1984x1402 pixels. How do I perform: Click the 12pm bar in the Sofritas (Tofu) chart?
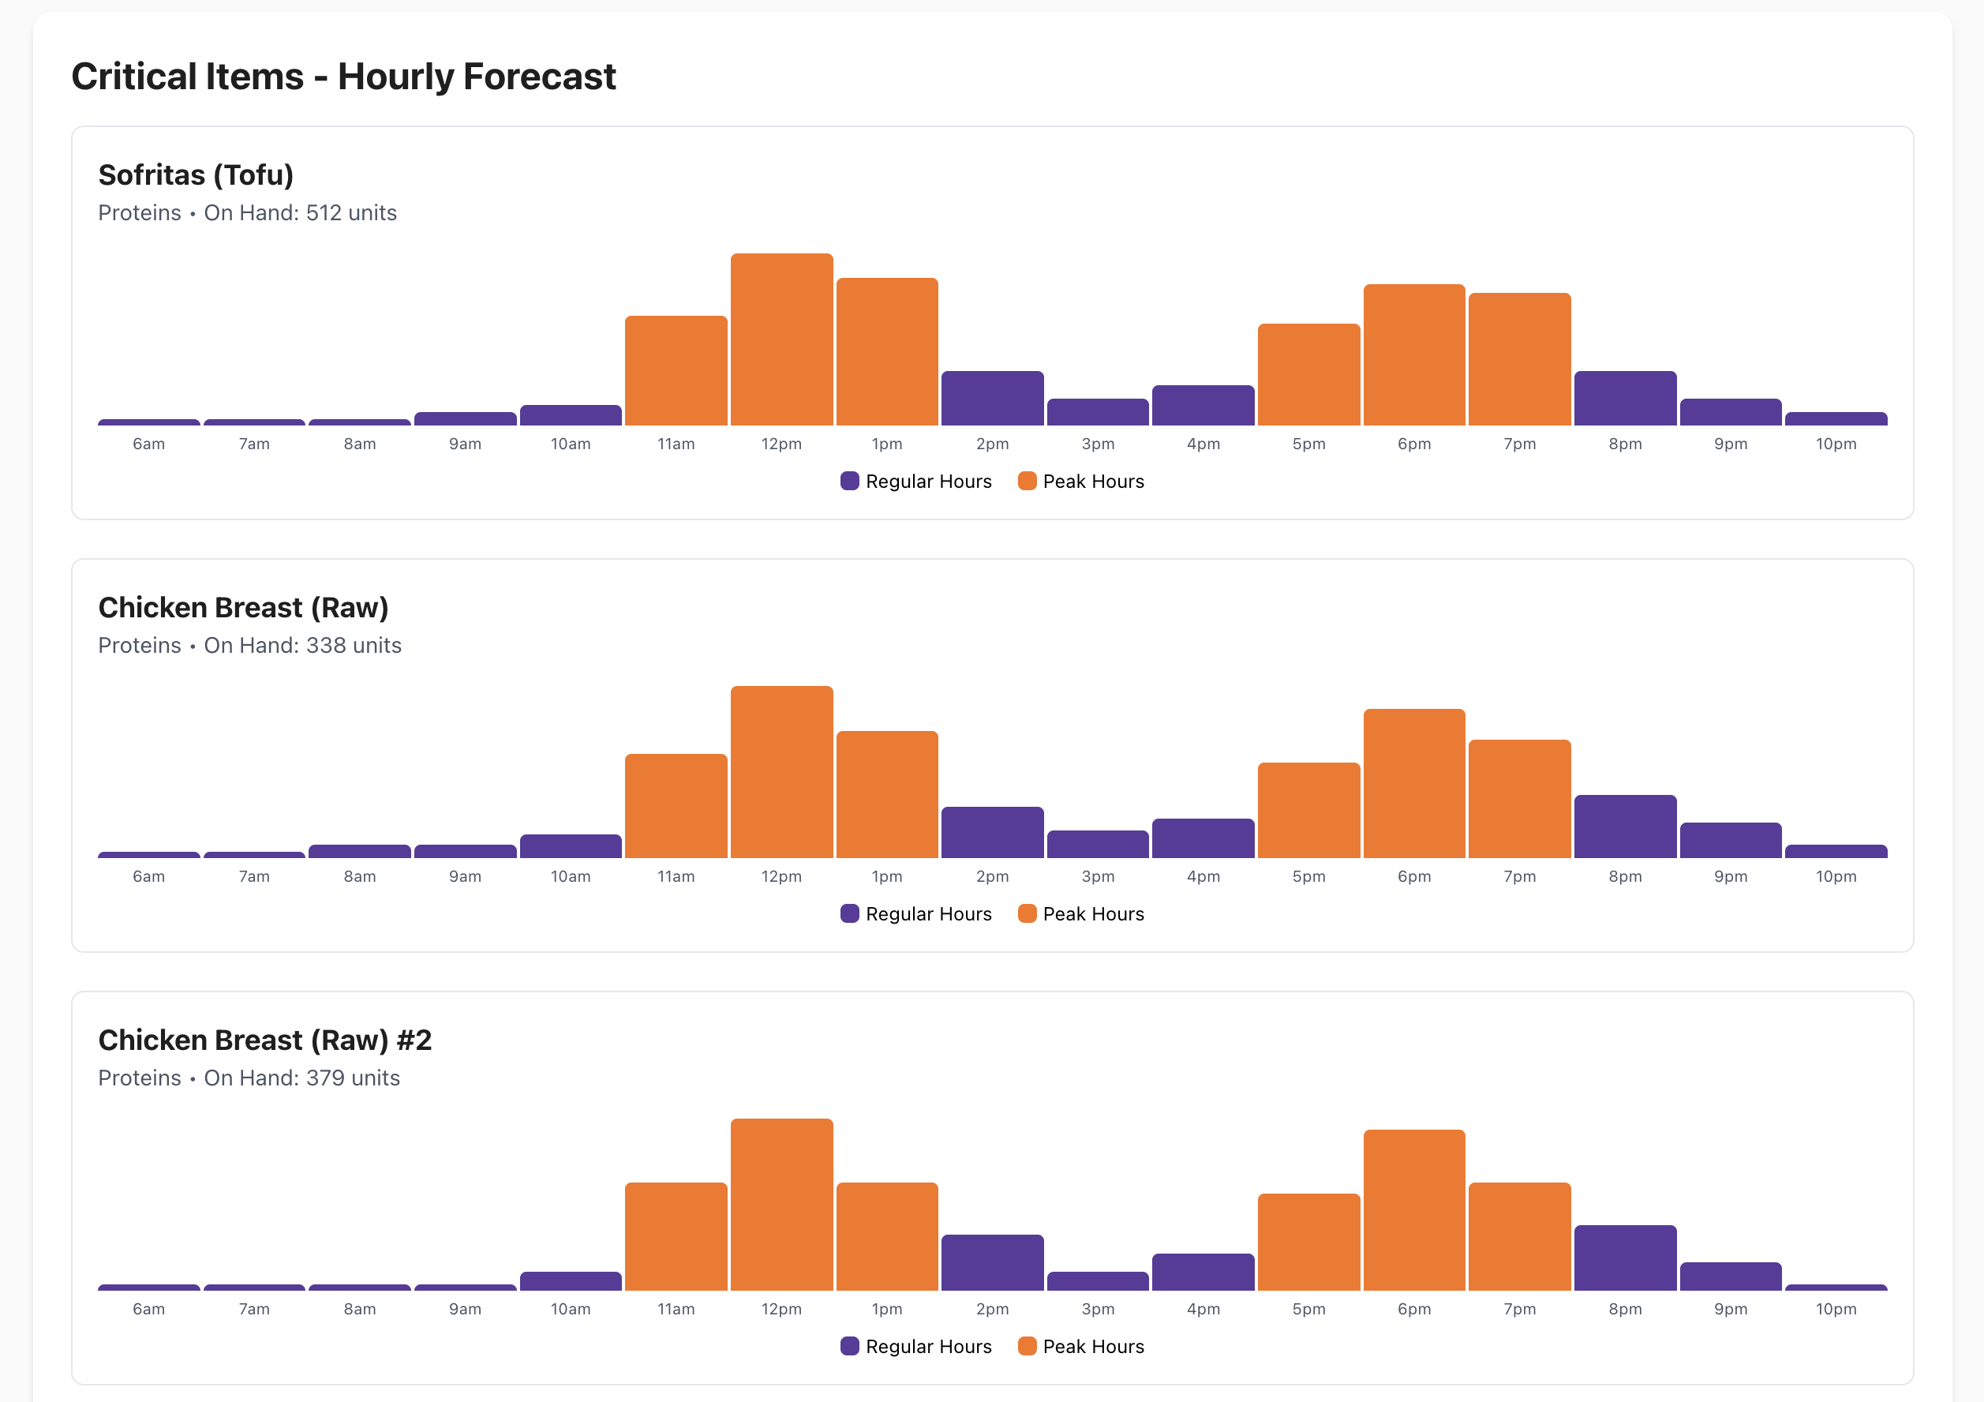click(x=781, y=339)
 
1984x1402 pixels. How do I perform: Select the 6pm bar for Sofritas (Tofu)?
click(x=1413, y=354)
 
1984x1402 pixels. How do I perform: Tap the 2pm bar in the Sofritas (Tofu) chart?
click(x=992, y=399)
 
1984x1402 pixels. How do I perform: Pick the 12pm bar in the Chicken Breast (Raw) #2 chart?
click(x=781, y=1204)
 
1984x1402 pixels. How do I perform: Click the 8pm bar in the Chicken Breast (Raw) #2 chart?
click(x=1625, y=1258)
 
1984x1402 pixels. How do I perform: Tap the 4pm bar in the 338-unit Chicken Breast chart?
click(x=1203, y=838)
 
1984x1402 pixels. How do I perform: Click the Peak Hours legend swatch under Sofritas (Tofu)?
click(x=1027, y=482)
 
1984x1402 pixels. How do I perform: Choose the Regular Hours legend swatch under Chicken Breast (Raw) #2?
click(x=849, y=1346)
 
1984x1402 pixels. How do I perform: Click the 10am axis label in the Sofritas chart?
click(x=571, y=444)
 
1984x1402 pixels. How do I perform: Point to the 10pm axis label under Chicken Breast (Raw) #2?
click(x=1836, y=1309)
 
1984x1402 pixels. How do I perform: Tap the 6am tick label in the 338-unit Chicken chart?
click(x=148, y=876)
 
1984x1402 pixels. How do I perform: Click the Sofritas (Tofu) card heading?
click(x=197, y=175)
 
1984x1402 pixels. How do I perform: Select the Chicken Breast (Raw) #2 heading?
click(x=264, y=1040)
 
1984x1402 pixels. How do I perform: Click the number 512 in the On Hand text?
click(x=324, y=213)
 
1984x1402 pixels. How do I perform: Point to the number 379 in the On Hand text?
click(x=325, y=1078)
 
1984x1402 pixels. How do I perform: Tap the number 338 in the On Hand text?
click(x=325, y=646)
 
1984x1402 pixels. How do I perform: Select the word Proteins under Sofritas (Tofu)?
click(x=139, y=213)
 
